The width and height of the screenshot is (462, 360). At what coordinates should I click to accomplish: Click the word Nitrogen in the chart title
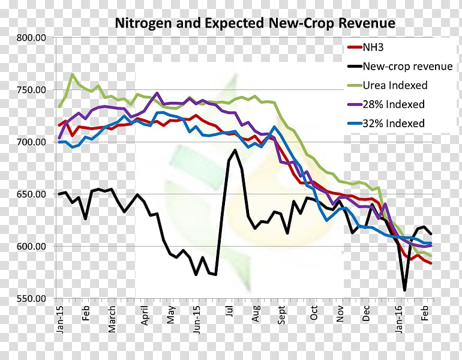142,23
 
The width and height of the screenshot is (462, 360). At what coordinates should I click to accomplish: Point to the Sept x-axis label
282,316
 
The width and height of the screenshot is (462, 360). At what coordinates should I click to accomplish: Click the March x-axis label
113,318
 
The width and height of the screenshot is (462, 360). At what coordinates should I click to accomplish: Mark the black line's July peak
235,150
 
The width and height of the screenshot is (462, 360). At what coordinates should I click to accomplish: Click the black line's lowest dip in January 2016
404,290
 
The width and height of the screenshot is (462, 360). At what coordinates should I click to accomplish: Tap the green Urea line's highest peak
73,74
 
